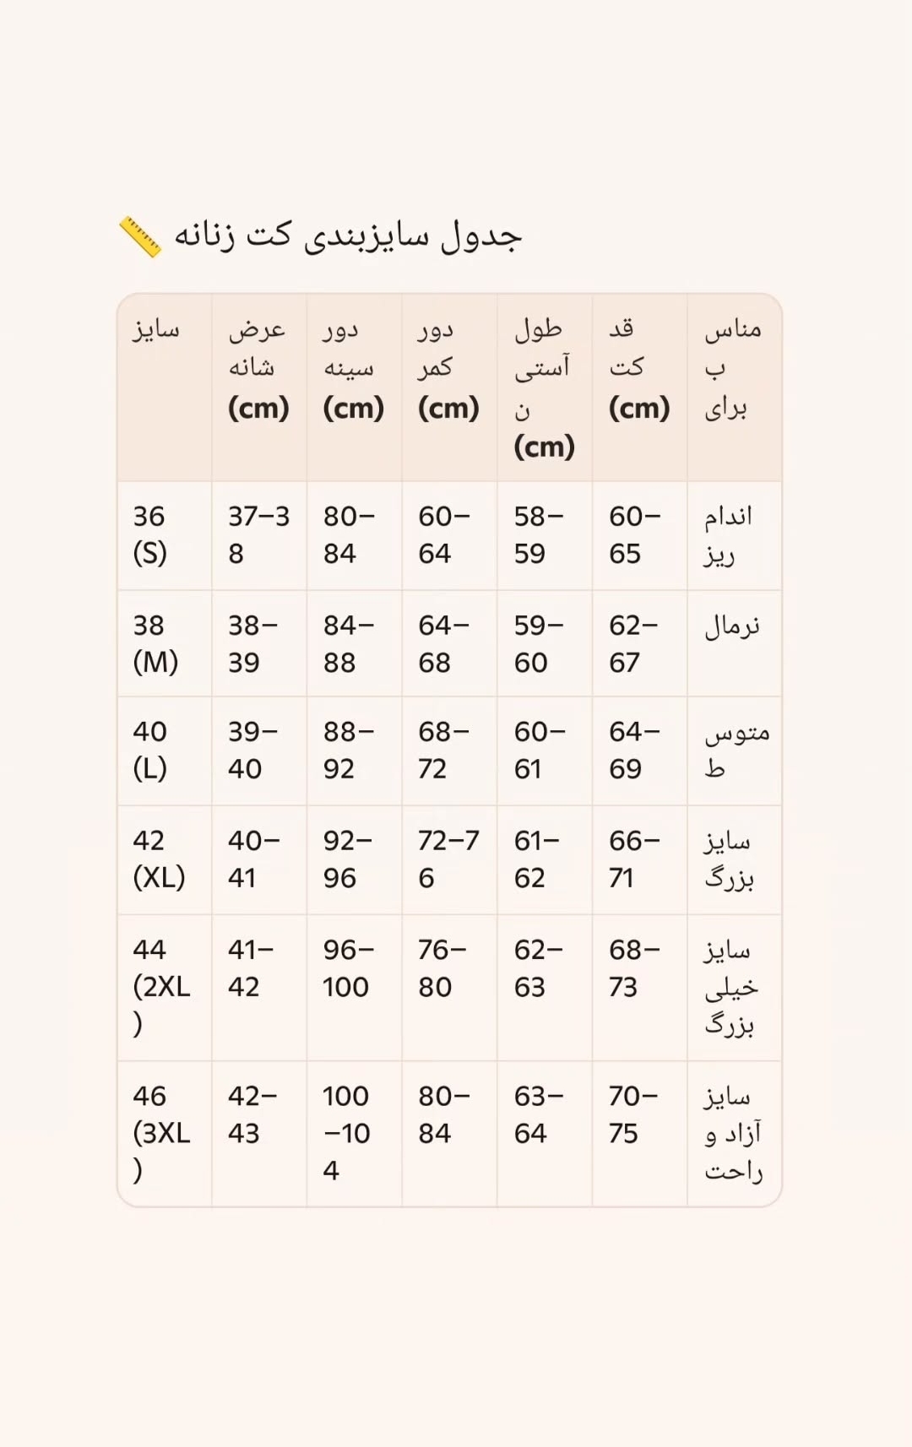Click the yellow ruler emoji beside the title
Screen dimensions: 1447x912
[140, 236]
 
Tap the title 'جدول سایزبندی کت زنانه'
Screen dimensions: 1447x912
[348, 236]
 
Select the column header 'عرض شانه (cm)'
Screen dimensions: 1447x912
[258, 368]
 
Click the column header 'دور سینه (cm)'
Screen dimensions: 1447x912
[353, 368]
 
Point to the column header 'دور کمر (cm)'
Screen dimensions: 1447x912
[448, 368]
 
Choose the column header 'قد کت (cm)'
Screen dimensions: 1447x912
[639, 368]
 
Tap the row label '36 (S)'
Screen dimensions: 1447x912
[150, 535]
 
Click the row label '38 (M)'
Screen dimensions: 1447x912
[155, 644]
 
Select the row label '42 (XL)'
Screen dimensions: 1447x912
[159, 859]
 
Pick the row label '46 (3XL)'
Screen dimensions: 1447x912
[160, 1133]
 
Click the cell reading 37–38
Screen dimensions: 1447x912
[258, 535]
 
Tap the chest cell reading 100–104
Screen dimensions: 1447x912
[346, 1133]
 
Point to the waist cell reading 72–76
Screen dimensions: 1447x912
[448, 859]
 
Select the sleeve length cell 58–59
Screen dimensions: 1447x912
[538, 535]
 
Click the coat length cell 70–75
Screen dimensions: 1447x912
[632, 1114]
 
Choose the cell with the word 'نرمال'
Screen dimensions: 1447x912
[732, 626]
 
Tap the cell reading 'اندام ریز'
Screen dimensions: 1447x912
[728, 535]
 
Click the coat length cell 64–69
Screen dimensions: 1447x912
[634, 751]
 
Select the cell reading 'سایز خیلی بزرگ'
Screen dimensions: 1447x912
[731, 987]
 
